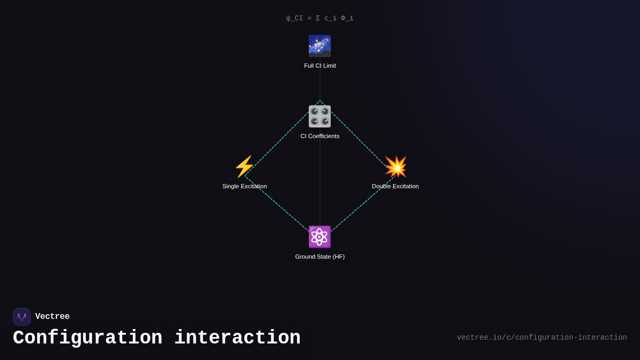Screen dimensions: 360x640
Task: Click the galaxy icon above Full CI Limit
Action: pyautogui.click(x=319, y=46)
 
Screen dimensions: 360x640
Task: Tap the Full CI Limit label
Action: pyautogui.click(x=320, y=66)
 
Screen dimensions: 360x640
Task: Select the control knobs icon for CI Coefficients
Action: pyautogui.click(x=319, y=116)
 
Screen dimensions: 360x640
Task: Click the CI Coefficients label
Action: pyautogui.click(x=320, y=136)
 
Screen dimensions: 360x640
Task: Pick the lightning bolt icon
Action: pyautogui.click(x=245, y=166)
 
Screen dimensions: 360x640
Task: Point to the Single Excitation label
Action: pyautogui.click(x=245, y=186)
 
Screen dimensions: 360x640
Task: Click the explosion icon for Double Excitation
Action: pyautogui.click(x=395, y=166)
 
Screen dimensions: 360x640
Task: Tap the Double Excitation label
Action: pyautogui.click(x=395, y=186)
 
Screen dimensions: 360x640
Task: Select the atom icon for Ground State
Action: pyautogui.click(x=319, y=237)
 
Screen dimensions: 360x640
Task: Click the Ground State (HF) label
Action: pyautogui.click(x=320, y=257)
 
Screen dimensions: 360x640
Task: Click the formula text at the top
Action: pyautogui.click(x=320, y=18)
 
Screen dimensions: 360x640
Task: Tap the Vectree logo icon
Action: pyautogui.click(x=22, y=317)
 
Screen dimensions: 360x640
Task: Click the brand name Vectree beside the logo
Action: pyautogui.click(x=52, y=317)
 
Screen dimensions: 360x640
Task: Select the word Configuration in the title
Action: pyautogui.click(x=87, y=338)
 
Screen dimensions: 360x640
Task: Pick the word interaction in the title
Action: pyautogui.click(x=237, y=338)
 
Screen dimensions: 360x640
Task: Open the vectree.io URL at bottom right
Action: pyautogui.click(x=542, y=338)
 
